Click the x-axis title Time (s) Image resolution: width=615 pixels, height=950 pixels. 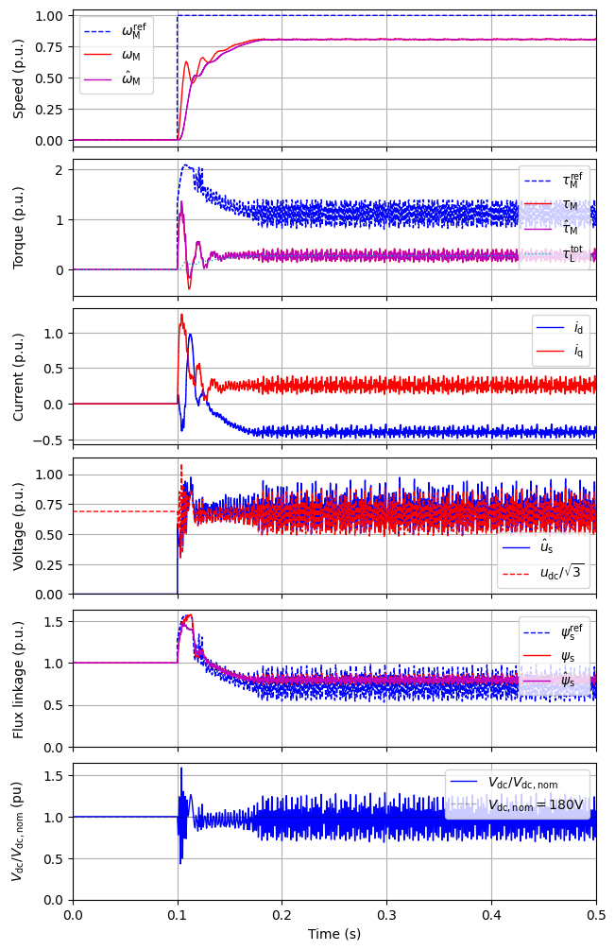pyautogui.click(x=333, y=934)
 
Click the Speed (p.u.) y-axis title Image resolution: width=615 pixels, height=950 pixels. pyautogui.click(x=19, y=78)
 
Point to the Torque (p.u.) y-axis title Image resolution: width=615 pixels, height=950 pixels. pyautogui.click(x=19, y=227)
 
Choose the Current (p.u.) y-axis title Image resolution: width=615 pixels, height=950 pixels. pyautogui.click(x=19, y=376)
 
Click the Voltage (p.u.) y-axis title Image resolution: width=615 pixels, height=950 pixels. pyautogui.click(x=19, y=526)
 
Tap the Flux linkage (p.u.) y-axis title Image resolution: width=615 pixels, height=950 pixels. pyautogui.click(x=19, y=677)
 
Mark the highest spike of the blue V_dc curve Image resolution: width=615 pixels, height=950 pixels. pyautogui.click(x=181, y=769)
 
